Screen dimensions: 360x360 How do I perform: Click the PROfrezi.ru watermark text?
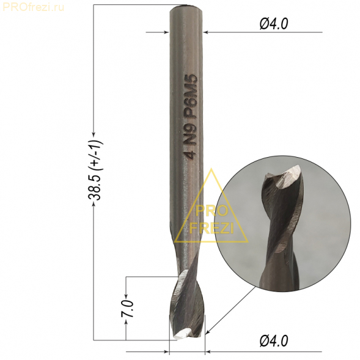(33, 7)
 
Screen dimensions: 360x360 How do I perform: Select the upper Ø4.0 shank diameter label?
(274, 24)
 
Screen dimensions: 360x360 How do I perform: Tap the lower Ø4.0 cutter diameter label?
(274, 340)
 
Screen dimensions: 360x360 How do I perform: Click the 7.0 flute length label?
(128, 308)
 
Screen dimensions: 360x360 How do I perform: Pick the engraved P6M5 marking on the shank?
(191, 97)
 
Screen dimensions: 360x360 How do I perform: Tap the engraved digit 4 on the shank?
(191, 154)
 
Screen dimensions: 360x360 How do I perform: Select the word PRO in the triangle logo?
(210, 210)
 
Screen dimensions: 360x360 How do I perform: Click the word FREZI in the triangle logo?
(211, 228)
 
